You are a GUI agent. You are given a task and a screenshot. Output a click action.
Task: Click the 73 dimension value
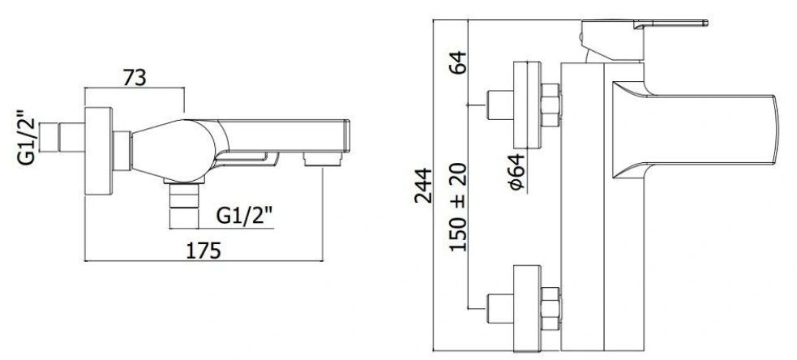(x=135, y=77)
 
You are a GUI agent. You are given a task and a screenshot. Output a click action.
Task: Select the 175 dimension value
(x=204, y=251)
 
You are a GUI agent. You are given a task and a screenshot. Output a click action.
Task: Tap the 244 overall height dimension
(x=423, y=186)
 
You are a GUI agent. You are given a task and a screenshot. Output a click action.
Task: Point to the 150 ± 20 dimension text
(x=458, y=207)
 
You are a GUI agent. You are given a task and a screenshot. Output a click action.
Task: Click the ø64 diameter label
(x=516, y=171)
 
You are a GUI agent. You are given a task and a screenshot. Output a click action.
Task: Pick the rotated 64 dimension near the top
(x=458, y=62)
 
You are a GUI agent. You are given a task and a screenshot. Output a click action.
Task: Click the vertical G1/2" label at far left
(x=27, y=138)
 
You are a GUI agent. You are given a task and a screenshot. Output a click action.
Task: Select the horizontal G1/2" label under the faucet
(x=245, y=216)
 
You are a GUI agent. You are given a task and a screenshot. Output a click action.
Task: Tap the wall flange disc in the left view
(x=99, y=151)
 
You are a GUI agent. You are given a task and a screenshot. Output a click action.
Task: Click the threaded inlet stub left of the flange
(x=62, y=137)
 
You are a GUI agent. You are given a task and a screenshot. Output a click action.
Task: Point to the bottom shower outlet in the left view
(x=183, y=203)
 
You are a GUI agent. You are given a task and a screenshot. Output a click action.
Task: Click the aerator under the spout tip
(x=323, y=160)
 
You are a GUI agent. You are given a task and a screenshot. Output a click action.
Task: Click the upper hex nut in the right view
(x=551, y=105)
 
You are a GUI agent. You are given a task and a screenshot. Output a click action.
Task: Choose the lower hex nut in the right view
(x=551, y=309)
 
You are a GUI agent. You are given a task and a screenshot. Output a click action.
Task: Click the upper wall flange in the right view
(x=527, y=105)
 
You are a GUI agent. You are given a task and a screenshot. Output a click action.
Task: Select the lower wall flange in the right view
(x=527, y=309)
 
